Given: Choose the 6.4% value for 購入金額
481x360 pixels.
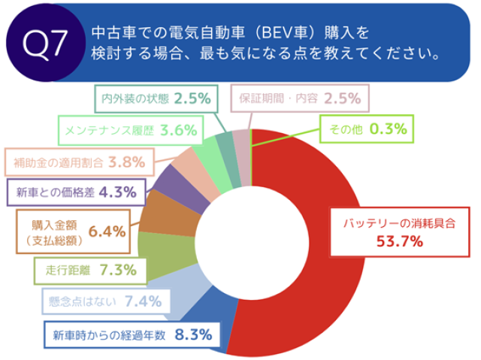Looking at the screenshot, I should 106,232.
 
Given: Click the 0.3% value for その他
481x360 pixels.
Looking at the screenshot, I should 389,129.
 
